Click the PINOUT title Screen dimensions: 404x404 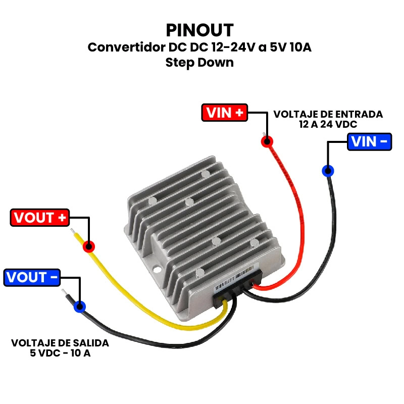200,29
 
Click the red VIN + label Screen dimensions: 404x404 225,113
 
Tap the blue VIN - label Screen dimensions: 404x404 370,141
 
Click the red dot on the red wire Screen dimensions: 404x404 267,141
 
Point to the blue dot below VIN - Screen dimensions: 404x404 328,171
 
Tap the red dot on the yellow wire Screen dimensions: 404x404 88,246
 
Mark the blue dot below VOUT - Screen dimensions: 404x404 79,306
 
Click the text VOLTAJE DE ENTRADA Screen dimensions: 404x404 328,115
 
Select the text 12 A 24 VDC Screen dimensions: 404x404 328,124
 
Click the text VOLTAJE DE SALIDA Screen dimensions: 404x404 60,343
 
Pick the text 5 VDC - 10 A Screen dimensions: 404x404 60,353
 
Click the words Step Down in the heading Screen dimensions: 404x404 199,63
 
